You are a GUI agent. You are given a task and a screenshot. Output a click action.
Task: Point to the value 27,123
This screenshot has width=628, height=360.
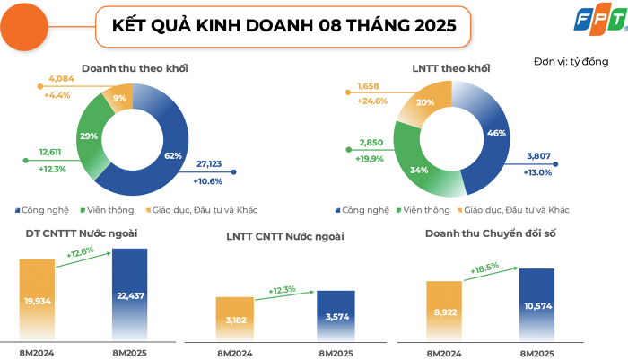[x=212, y=165]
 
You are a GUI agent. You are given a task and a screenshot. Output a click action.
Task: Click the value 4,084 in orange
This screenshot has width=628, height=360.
[x=60, y=79]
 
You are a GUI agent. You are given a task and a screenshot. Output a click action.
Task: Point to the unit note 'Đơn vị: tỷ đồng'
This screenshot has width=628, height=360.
[x=571, y=61]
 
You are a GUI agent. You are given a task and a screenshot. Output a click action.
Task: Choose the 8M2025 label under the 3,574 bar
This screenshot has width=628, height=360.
[x=336, y=352]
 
